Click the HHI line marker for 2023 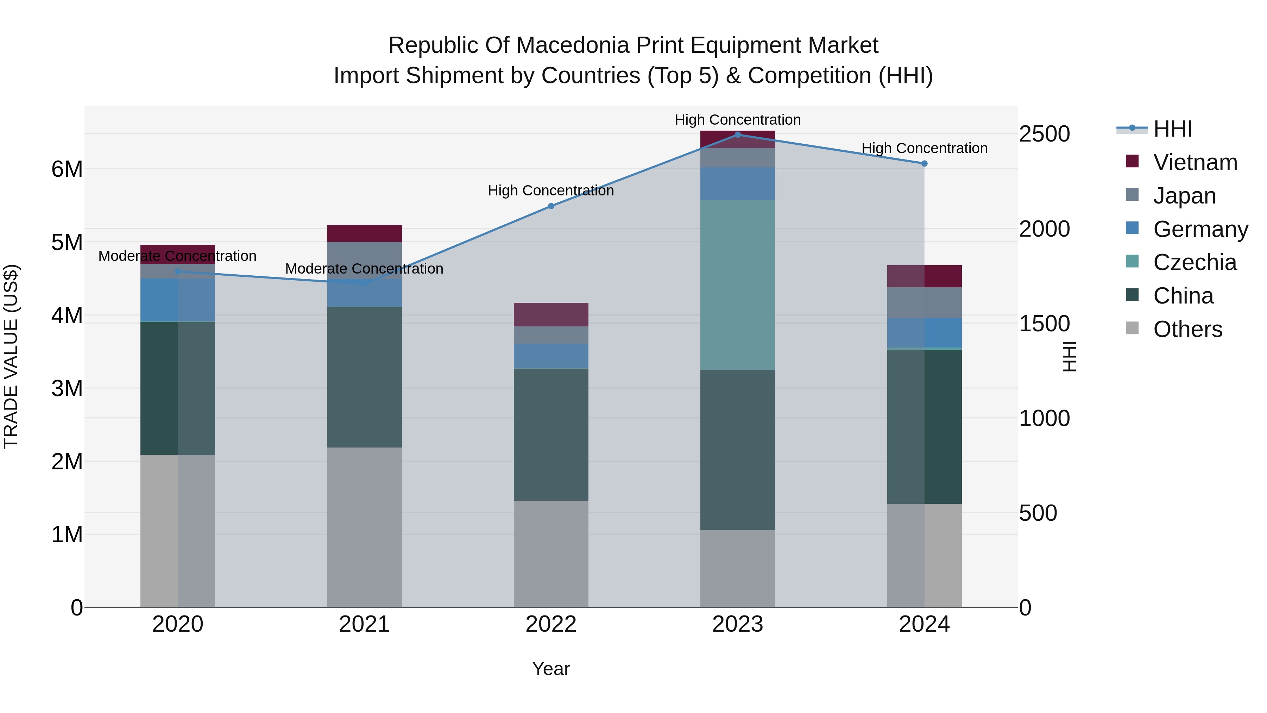[x=737, y=135]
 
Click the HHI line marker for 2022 [x=551, y=206]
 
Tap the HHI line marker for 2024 [x=924, y=163]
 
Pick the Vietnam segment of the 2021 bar [x=365, y=233]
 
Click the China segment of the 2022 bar [x=551, y=434]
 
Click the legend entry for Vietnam [x=1195, y=162]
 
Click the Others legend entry [x=1187, y=329]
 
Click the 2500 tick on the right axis [x=1044, y=134]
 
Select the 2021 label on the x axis [x=365, y=624]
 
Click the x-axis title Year [x=551, y=669]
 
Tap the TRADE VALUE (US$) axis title [x=11, y=356]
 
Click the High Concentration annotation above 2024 [x=924, y=148]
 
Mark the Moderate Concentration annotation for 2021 [x=365, y=269]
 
